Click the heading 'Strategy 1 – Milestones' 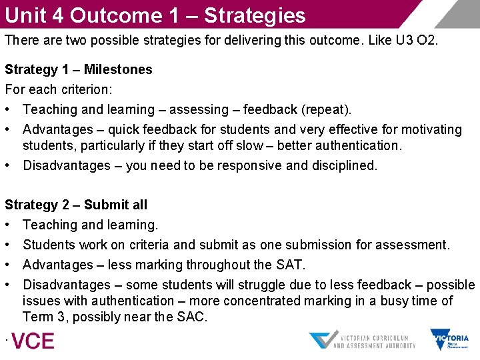pos(79,69)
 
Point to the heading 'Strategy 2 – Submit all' pos(76,205)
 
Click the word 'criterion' pos(75,89)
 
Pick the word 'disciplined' pos(342,165)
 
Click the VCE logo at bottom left pos(32,341)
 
